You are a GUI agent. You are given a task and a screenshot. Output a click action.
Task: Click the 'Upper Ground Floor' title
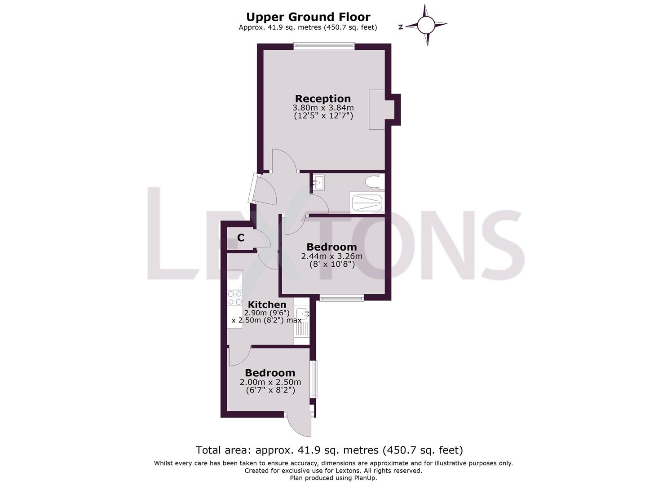point(308,17)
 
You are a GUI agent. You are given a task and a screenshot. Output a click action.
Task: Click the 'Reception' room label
point(322,98)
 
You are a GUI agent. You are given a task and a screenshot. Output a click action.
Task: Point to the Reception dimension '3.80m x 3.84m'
point(323,108)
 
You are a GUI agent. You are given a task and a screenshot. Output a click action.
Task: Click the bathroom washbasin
point(319,182)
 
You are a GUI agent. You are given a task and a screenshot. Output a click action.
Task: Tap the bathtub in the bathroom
point(367,203)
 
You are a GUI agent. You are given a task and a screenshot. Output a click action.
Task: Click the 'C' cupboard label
point(241,238)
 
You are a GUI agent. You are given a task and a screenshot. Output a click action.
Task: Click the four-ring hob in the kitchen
point(234,298)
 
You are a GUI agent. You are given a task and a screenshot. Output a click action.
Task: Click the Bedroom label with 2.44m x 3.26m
point(331,247)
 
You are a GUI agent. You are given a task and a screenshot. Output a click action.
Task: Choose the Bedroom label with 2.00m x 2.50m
point(270,373)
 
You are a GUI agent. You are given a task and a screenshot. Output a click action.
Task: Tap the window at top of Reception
point(324,46)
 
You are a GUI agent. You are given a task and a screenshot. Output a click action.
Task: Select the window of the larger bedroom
point(341,297)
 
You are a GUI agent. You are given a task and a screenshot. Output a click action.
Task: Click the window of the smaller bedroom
point(314,379)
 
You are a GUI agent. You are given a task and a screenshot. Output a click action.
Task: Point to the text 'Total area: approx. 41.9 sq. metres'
point(287,450)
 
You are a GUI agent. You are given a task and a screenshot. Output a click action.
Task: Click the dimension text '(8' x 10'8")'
point(332,265)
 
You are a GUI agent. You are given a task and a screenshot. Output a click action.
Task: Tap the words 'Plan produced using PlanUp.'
point(333,478)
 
